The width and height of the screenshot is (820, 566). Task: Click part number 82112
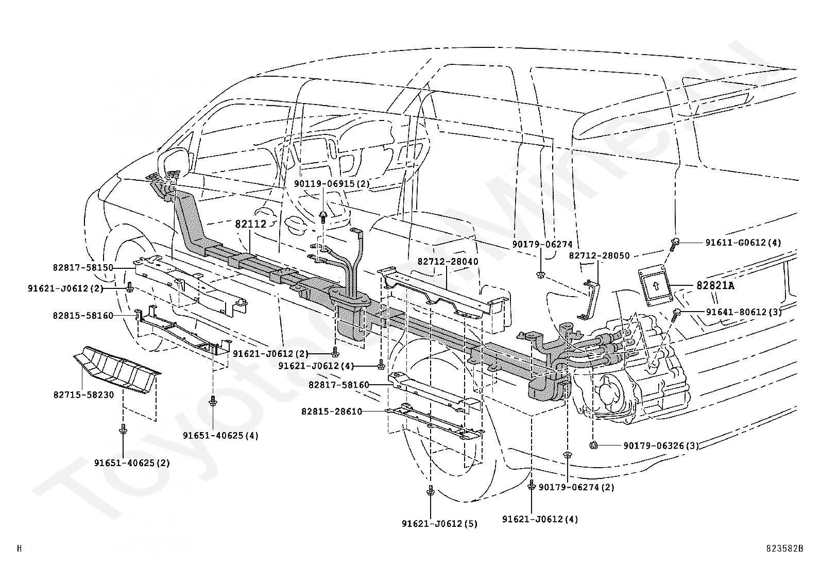coord(250,224)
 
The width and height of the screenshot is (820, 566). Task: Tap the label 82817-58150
coord(82,268)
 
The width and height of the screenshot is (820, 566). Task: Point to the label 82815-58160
coord(82,315)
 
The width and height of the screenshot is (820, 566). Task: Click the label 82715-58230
coord(83,395)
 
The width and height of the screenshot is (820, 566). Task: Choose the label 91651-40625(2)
coord(132,462)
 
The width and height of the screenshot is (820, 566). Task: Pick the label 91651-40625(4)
coord(220,435)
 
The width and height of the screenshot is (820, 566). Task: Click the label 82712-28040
coord(448,262)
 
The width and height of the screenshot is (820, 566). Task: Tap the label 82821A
coord(715,285)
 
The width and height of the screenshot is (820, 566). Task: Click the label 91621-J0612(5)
coord(439,524)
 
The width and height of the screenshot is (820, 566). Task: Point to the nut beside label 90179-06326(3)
coord(593,445)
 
